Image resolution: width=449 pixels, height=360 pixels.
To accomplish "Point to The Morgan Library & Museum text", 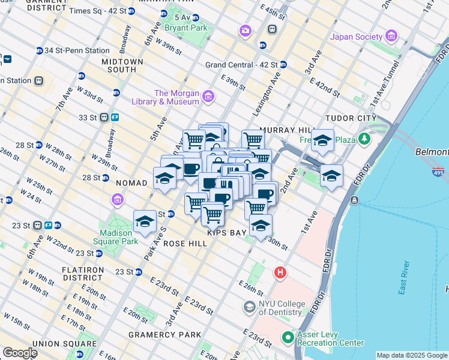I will (176, 97).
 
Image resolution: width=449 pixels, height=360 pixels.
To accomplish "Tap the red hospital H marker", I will (280, 273).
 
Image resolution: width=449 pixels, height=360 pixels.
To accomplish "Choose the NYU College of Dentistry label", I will (280, 308).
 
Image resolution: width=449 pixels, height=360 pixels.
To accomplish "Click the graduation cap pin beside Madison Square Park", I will (145, 223).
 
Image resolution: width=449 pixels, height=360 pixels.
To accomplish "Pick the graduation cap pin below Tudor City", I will (331, 176).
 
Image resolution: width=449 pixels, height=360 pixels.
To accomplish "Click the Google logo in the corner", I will (20, 353).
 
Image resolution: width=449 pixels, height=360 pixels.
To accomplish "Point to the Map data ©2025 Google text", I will (412, 355).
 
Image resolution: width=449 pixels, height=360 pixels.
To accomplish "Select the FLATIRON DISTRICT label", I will (82, 274).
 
